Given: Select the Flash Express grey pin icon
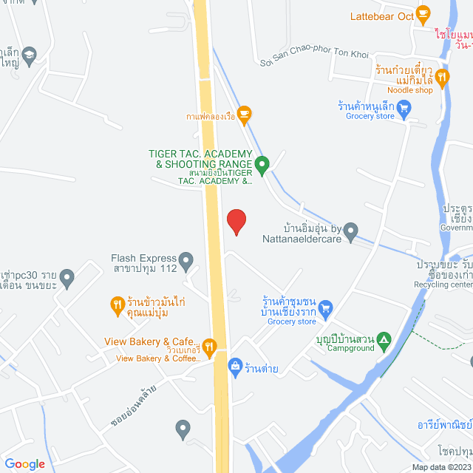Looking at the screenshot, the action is (186, 259).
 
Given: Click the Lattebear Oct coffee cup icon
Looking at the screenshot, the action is (423, 13).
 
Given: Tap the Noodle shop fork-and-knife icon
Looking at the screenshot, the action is (442, 75).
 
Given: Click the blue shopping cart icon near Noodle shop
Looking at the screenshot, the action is (404, 109).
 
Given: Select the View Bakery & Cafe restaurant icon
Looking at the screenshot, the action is (209, 345).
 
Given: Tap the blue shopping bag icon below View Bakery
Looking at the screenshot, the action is (235, 365).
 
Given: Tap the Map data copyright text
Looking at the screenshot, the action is (440, 466).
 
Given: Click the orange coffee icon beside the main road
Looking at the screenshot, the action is (245, 113).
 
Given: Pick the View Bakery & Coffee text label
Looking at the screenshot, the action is (157, 358).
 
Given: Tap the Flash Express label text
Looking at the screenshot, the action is (144, 259).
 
